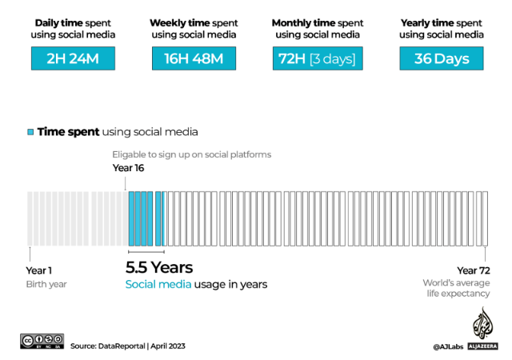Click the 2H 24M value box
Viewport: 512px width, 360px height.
[73, 58]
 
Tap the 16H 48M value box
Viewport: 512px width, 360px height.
[194, 58]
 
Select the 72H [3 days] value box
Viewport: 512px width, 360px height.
[318, 58]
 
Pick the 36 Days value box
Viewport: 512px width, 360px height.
[442, 58]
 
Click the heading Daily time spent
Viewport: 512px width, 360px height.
[73, 23]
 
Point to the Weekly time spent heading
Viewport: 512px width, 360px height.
[194, 23]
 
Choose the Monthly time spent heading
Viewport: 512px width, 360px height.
[318, 23]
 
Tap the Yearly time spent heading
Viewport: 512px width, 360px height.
[442, 23]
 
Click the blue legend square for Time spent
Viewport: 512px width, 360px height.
[30, 132]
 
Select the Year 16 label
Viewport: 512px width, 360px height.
[128, 168]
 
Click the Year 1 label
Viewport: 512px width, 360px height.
[39, 270]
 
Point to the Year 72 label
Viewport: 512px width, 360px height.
[474, 270]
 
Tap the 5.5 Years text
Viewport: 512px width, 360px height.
[159, 267]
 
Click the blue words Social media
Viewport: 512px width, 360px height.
[158, 284]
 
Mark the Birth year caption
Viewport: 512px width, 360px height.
[46, 284]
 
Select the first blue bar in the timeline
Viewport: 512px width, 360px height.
[131, 218]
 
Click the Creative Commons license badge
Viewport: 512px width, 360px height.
[42, 341]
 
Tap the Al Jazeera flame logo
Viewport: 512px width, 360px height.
[483, 323]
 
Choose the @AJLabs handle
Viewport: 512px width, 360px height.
[448, 346]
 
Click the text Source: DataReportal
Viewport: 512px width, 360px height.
[108, 346]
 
